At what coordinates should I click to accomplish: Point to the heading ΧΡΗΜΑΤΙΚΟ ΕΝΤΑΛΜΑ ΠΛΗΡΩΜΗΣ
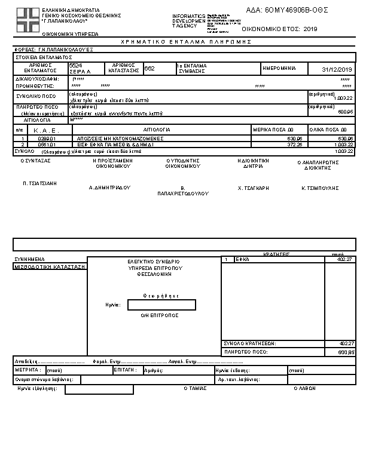point(186,42)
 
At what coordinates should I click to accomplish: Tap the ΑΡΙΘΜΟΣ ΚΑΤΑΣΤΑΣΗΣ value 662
point(150,69)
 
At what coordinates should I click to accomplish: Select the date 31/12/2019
point(337,69)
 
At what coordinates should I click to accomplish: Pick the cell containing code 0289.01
point(47,139)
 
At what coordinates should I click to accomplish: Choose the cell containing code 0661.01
point(47,145)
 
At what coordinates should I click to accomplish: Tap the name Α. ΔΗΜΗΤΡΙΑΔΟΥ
point(109,188)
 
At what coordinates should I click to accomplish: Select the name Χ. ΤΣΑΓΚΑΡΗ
point(253,188)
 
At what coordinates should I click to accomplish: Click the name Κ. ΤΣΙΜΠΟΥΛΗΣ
point(320,188)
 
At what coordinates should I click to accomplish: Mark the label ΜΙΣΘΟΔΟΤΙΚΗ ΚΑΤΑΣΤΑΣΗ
point(50,267)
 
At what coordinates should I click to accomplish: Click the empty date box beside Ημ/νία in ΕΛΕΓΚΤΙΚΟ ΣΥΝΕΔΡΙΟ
point(161,305)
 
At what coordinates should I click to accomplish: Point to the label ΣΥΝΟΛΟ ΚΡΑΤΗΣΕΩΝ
point(249,343)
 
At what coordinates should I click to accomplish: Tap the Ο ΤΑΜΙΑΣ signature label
point(194,388)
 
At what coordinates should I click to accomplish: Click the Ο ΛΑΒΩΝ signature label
point(304,388)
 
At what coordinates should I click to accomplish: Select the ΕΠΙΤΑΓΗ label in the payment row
point(123,370)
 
